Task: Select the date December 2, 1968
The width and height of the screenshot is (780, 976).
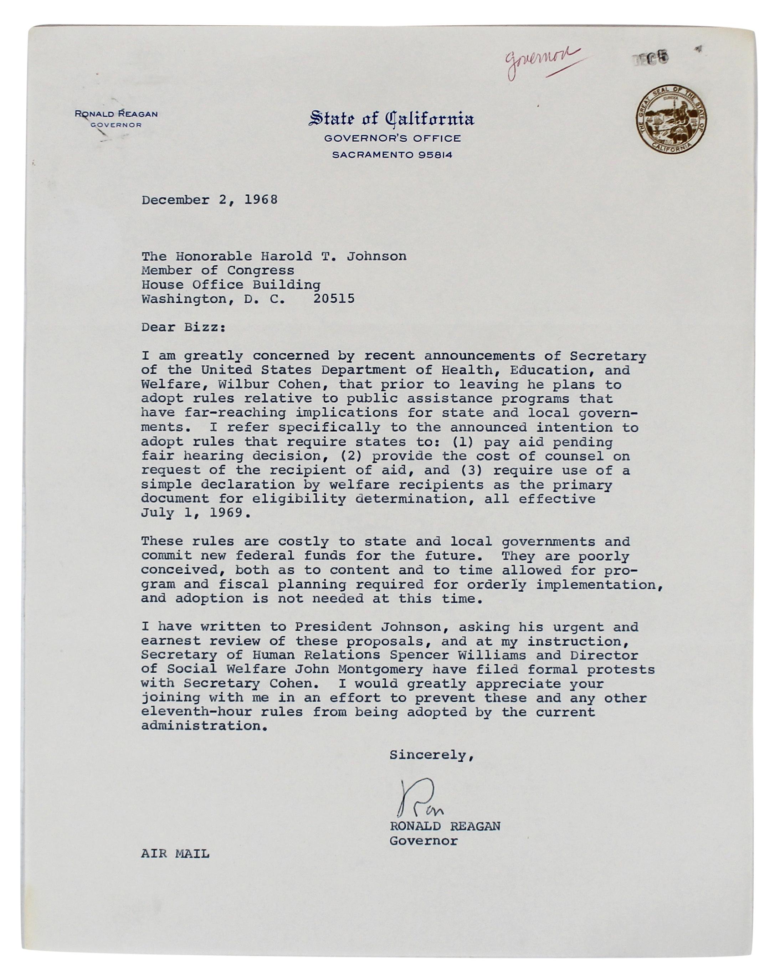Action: click(x=210, y=200)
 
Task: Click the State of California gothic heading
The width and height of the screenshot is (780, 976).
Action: click(x=391, y=119)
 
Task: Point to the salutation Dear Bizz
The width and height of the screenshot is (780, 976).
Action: click(x=183, y=327)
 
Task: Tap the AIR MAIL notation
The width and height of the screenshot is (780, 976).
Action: click(x=175, y=854)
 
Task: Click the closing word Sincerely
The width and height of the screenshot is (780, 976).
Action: click(x=431, y=755)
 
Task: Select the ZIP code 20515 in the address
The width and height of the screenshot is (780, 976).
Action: click(x=334, y=299)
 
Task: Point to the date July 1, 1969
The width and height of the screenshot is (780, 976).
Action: click(x=195, y=513)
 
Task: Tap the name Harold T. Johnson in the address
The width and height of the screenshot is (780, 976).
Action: click(x=333, y=257)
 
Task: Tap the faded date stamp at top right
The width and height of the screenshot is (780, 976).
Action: click(x=650, y=58)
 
